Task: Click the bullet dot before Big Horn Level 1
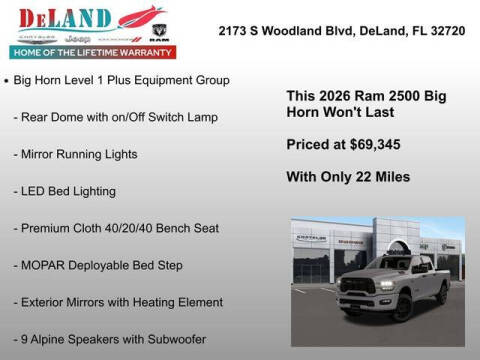point(7,79)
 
